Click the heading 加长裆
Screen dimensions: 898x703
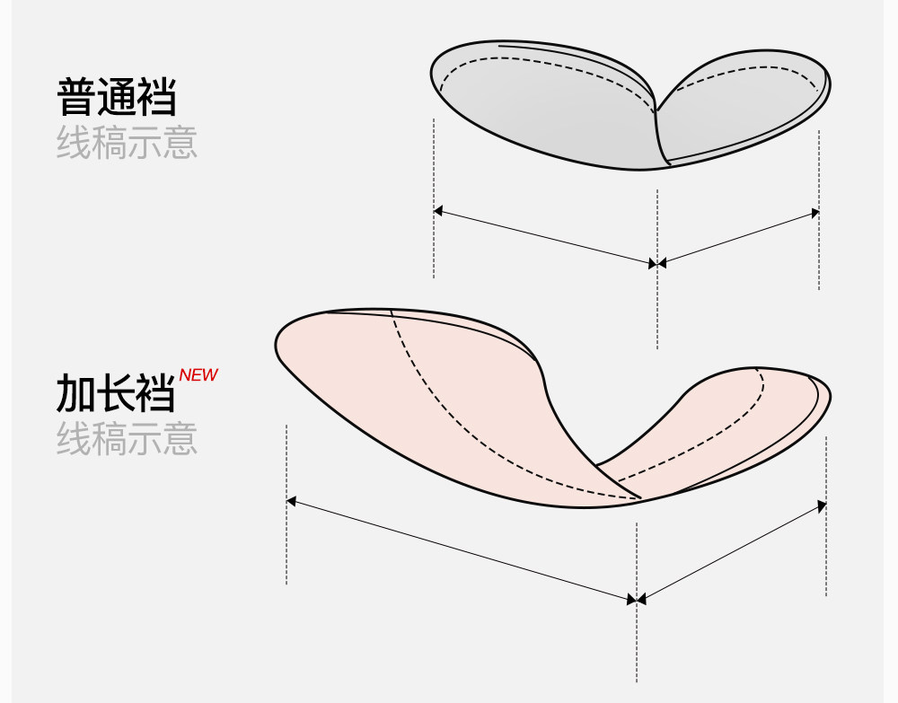point(116,392)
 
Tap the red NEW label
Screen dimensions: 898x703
point(198,375)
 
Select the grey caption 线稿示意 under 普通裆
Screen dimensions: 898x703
point(127,143)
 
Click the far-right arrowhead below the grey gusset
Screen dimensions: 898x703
point(814,213)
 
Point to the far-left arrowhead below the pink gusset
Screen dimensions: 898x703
point(292,500)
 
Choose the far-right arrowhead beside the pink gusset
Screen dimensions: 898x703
point(821,507)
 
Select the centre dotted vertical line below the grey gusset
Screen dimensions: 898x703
point(657,305)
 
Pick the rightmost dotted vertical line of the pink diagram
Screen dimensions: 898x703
point(826,557)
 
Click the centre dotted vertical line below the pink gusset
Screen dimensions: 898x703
point(637,646)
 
